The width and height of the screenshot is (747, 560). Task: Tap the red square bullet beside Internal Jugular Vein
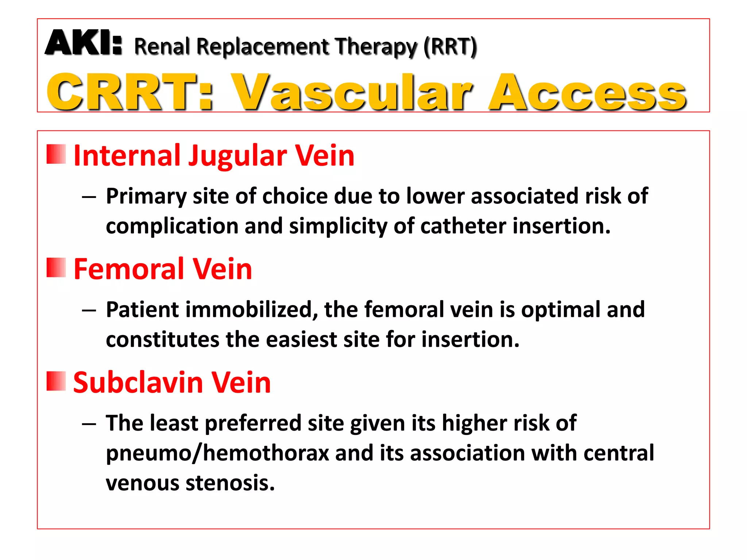coord(56,154)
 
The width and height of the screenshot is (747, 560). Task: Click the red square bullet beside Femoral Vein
coord(56,268)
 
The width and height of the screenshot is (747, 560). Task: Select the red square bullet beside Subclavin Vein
coord(56,381)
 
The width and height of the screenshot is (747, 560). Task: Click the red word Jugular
coord(237,156)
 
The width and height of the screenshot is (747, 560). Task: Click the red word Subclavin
coord(138,382)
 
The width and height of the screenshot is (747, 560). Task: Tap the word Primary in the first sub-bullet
coord(146,197)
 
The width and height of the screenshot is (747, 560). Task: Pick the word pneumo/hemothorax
coord(217,453)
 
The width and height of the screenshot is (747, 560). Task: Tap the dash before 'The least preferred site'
coord(89,424)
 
